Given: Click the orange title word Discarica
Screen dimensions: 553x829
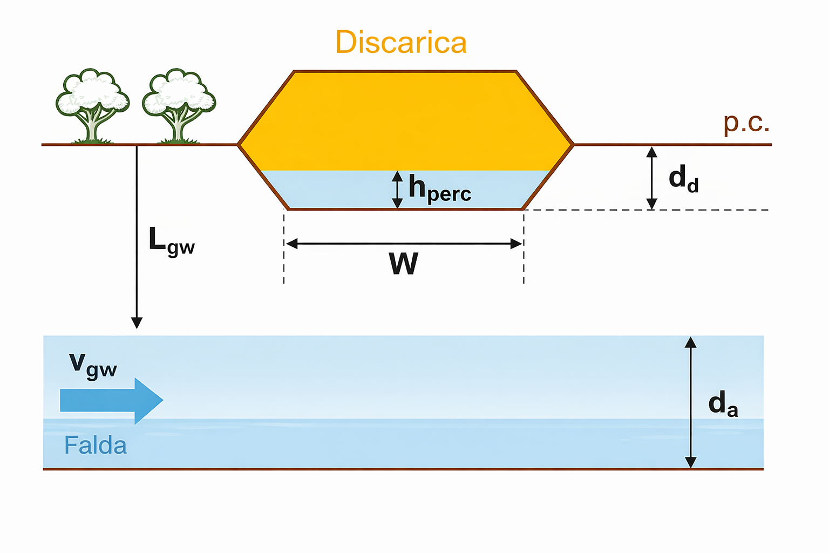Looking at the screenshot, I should point(400,42).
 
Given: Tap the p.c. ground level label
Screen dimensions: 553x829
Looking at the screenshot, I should point(746,123).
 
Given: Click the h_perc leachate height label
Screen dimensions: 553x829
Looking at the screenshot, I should point(439,189).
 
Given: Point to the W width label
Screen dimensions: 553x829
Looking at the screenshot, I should point(403,264).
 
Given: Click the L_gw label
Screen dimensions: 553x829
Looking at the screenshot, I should point(171,240).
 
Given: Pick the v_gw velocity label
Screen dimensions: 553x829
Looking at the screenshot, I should point(93,366).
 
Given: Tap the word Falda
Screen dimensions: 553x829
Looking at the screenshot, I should point(96,446).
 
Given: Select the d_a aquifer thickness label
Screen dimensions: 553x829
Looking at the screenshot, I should point(722,403).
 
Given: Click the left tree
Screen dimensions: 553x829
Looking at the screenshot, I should point(92,105).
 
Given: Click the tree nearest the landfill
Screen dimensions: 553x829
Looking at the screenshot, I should point(179,105).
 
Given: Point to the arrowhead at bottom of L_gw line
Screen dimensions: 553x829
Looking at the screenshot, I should point(137,322).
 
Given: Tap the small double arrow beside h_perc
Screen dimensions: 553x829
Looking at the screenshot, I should point(397,190).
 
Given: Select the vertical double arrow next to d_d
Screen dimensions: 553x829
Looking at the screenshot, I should point(651,178).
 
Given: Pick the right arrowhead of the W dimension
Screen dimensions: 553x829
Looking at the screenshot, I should point(517,244).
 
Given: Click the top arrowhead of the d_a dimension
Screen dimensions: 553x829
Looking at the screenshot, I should point(690,342).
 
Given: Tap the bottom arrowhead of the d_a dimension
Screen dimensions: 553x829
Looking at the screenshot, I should point(690,462).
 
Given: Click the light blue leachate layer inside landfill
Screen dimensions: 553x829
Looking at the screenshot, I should point(335,190).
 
